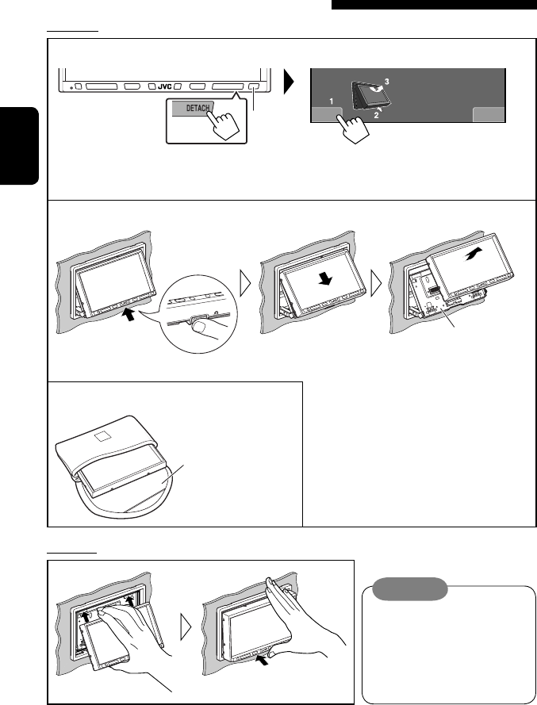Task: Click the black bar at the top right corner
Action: [x=434, y=4]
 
